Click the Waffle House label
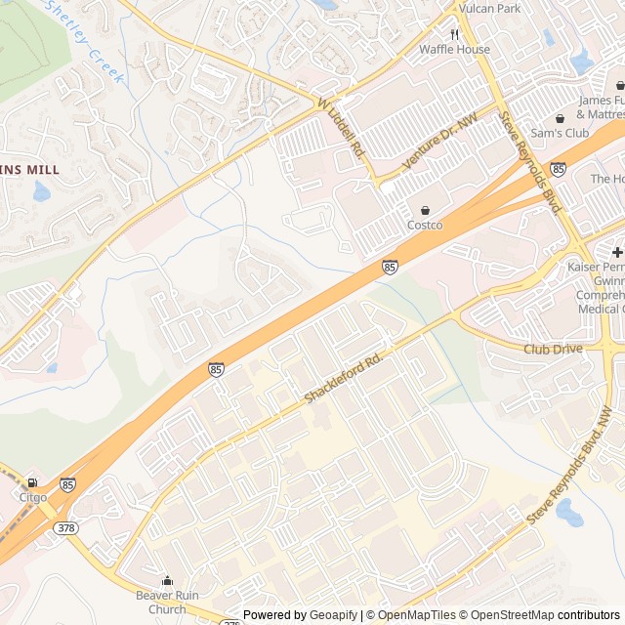click(454, 49)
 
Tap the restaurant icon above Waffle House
click(454, 33)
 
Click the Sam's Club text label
click(560, 132)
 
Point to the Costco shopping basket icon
click(425, 210)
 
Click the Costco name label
click(425, 226)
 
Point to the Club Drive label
click(553, 349)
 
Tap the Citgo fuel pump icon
click(33, 482)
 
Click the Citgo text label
click(33, 497)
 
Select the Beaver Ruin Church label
click(167, 603)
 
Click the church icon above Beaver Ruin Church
click(167, 581)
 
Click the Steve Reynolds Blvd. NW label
click(570, 467)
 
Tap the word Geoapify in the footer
click(334, 615)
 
